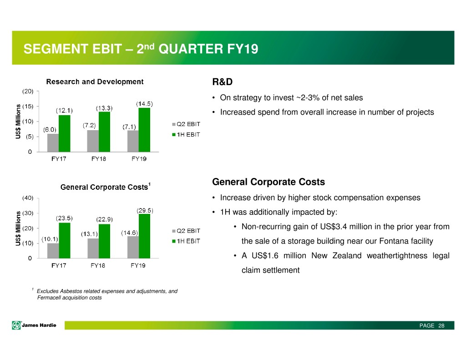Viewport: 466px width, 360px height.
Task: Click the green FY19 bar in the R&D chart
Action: pos(144,130)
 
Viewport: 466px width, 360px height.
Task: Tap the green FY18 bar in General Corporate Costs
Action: pos(105,241)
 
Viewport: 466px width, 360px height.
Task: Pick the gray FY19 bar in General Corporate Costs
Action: pos(133,247)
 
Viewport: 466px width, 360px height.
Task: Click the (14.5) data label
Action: pos(144,103)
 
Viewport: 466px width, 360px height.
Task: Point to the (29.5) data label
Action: pos(145,210)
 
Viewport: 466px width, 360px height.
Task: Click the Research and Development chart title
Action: pos(95,82)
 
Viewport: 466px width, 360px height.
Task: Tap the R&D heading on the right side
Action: pos(223,82)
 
